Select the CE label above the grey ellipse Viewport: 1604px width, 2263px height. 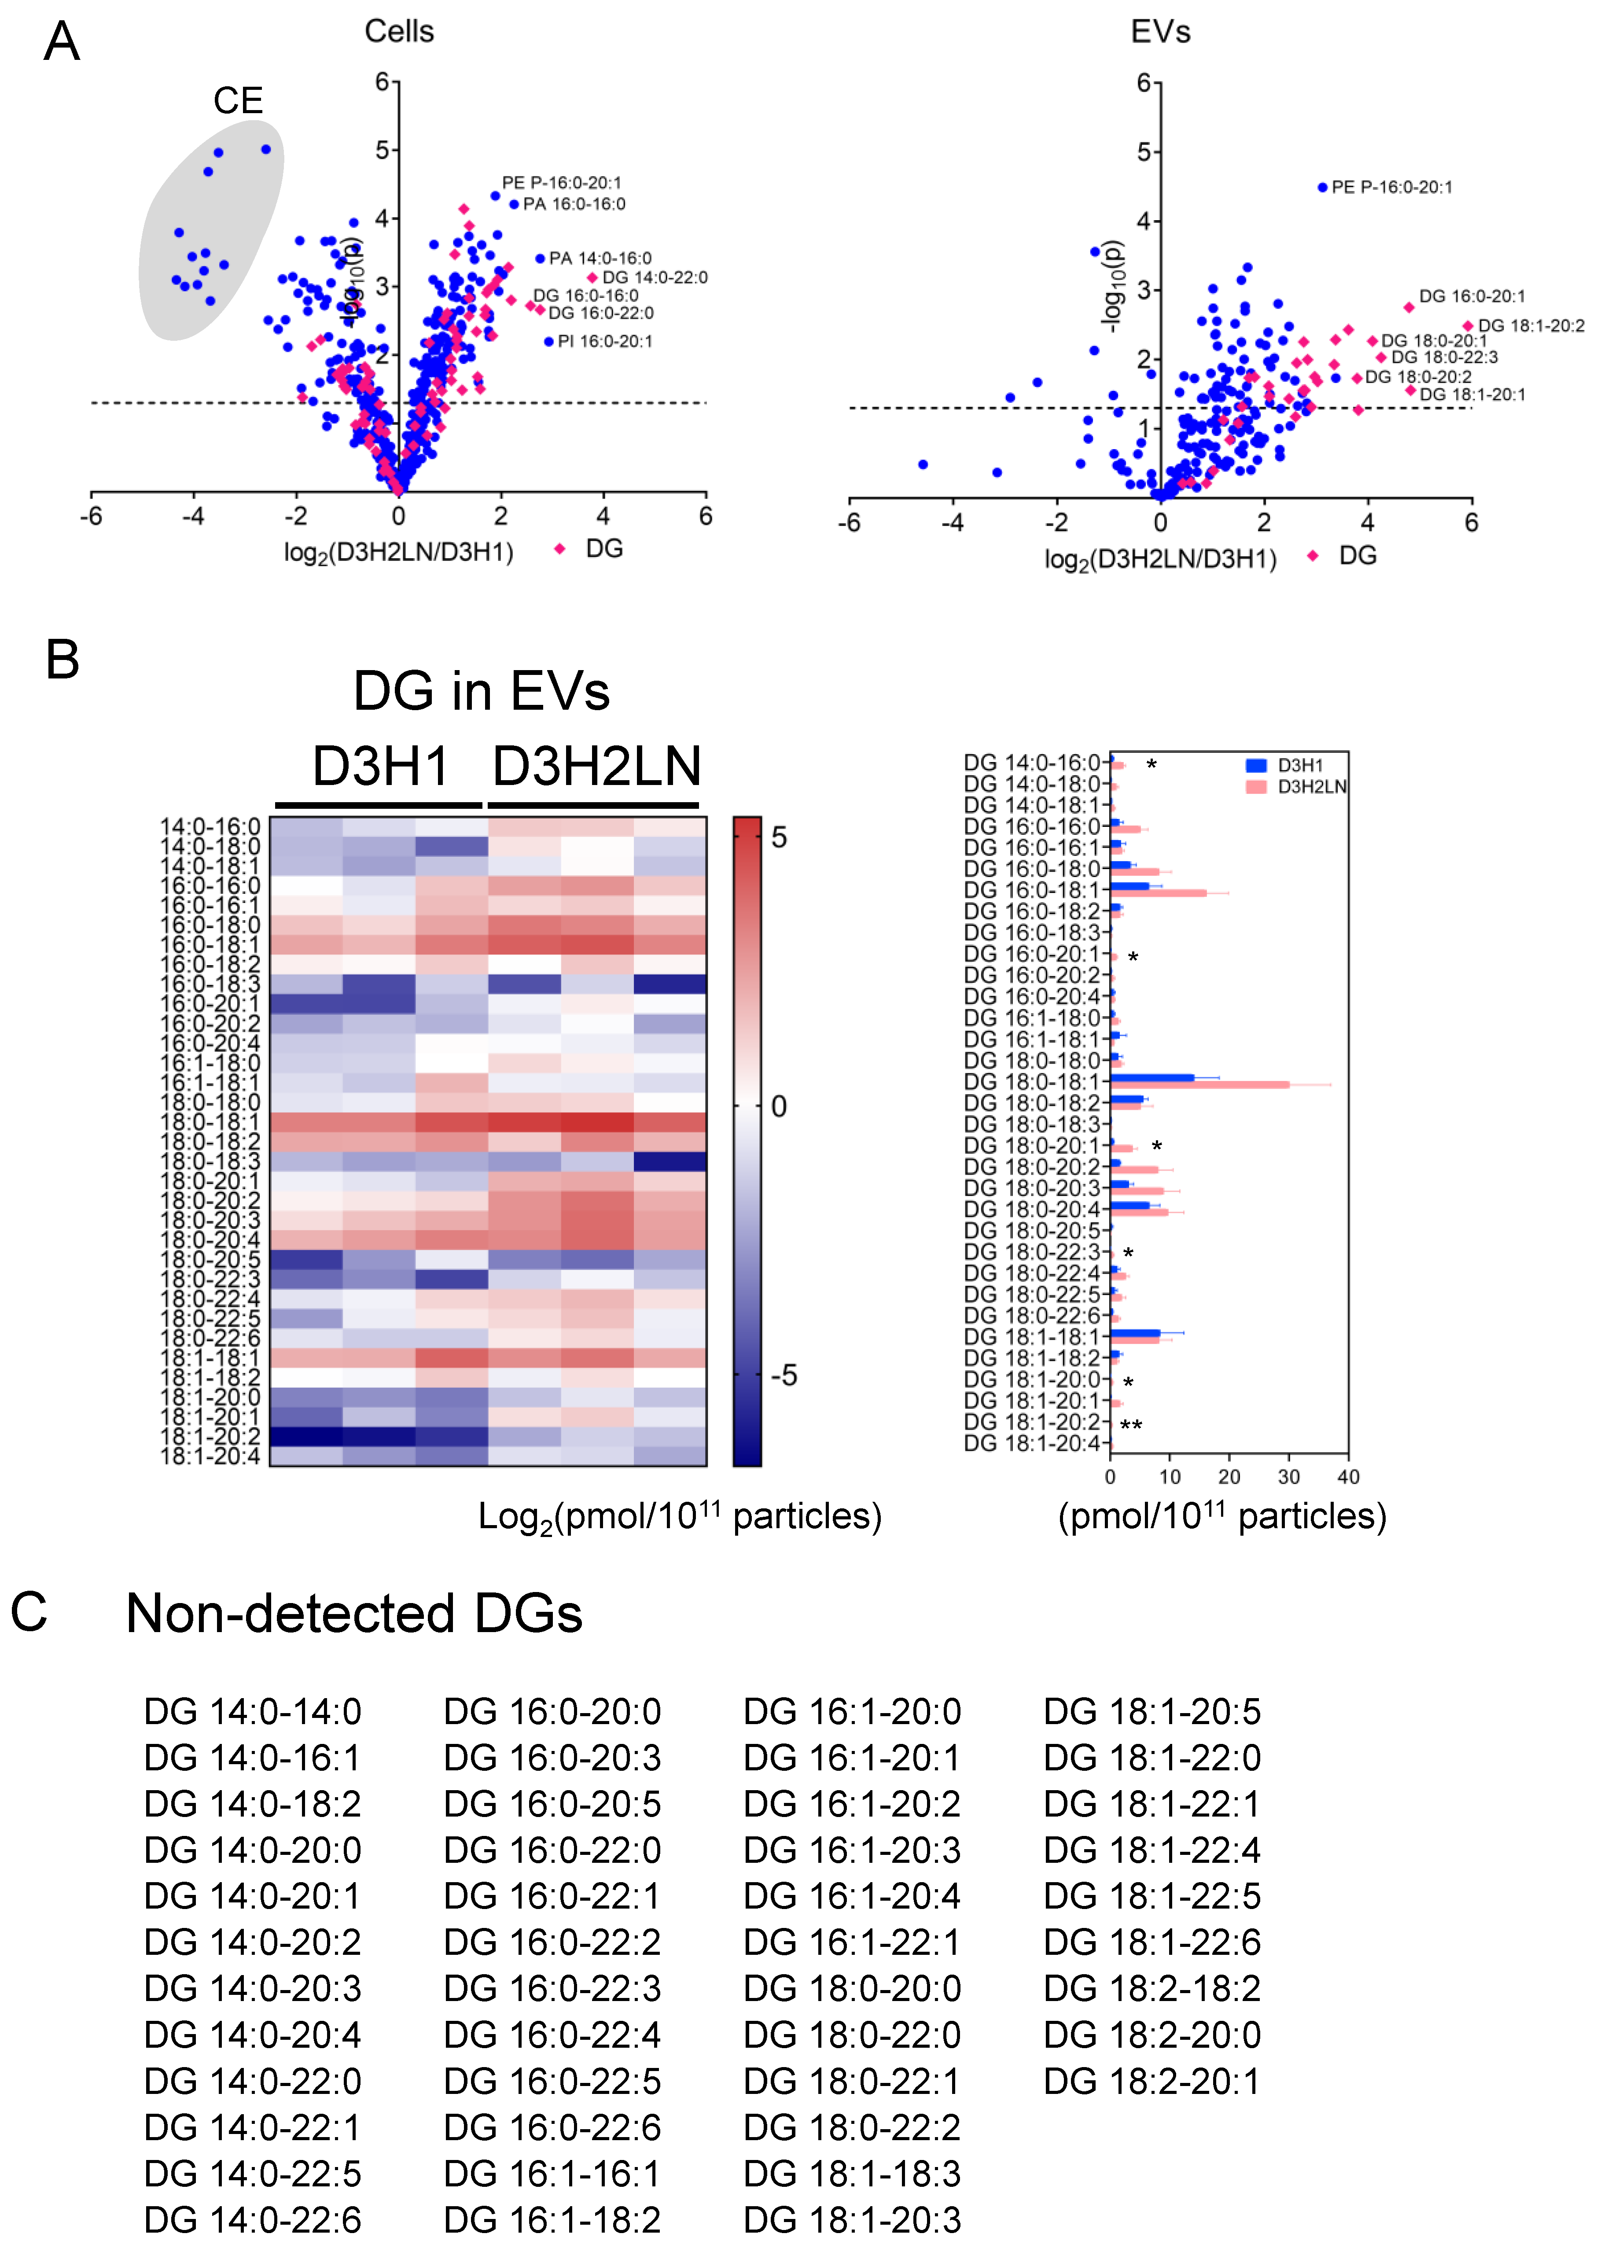click(x=238, y=101)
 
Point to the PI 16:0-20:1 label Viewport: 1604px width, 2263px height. click(x=604, y=342)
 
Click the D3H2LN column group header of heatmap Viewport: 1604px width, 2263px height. click(x=596, y=767)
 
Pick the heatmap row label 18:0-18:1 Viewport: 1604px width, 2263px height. click(x=210, y=1122)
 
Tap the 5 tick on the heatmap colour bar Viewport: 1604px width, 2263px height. click(x=779, y=838)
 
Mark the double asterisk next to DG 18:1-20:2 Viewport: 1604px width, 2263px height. click(x=1131, y=1425)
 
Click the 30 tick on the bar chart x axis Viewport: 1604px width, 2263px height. click(x=1289, y=1477)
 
